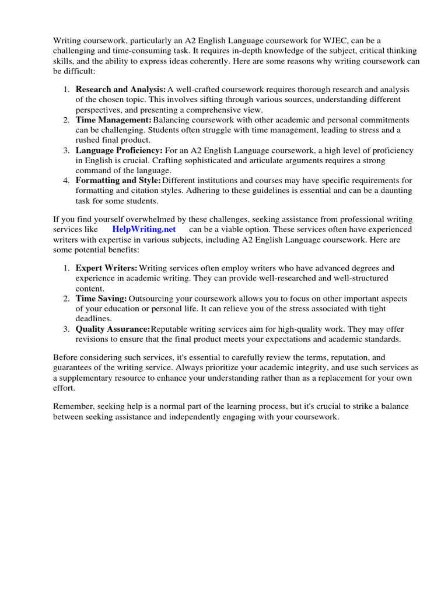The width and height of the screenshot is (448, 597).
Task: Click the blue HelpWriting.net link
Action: click(143, 229)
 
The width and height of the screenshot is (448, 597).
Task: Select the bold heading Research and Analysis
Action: click(121, 89)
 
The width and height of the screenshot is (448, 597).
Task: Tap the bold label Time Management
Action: click(113, 120)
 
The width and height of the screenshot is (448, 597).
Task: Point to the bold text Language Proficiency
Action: click(119, 150)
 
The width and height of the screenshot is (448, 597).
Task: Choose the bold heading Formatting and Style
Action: click(118, 181)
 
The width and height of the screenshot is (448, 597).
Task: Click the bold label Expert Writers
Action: click(106, 268)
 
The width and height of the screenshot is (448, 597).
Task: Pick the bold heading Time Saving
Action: click(101, 298)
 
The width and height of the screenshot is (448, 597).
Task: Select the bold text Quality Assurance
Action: click(113, 329)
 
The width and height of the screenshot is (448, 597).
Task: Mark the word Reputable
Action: click(170, 329)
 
